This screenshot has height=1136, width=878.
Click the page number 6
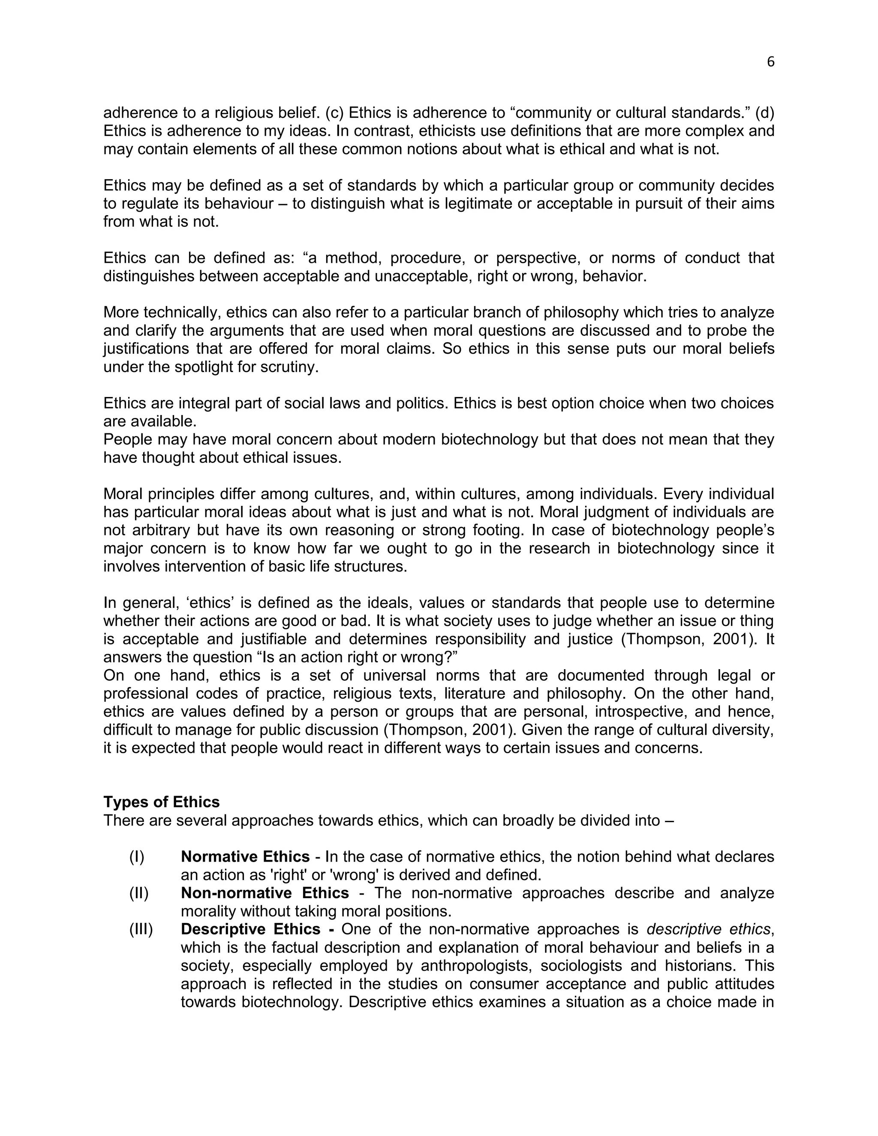770,62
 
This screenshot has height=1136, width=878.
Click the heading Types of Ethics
161,802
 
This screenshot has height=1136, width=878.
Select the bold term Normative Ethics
245,856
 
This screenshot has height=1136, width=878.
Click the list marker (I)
137,856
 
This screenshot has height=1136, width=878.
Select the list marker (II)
139,893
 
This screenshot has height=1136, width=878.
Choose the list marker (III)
141,929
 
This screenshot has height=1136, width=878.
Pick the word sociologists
581,965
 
